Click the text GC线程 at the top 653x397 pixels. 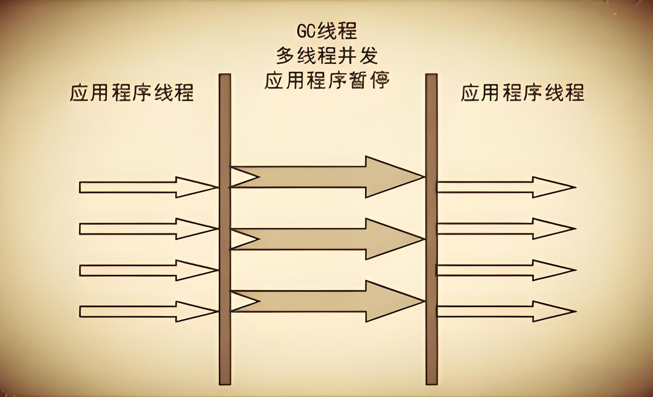pyautogui.click(x=327, y=31)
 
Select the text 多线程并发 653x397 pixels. pyautogui.click(x=327, y=56)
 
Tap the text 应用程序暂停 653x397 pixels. pyautogui.click(x=327, y=80)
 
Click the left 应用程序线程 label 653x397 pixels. pyautogui.click(x=132, y=93)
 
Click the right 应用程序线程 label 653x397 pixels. pyautogui.click(x=522, y=93)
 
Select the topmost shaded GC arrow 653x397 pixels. pyautogui.click(x=327, y=177)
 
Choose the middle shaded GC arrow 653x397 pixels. pyautogui.click(x=327, y=239)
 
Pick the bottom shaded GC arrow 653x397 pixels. pyautogui.click(x=327, y=301)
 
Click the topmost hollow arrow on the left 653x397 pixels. pyautogui.click(x=145, y=187)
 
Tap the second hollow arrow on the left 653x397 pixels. pyautogui.click(x=145, y=229)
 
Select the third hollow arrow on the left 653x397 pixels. pyautogui.click(x=145, y=270)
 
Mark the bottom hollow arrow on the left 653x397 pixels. pyautogui.click(x=145, y=312)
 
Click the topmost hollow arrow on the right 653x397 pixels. pyautogui.click(x=502, y=187)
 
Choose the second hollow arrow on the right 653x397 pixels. pyautogui.click(x=502, y=229)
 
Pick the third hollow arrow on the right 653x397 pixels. pyautogui.click(x=502, y=270)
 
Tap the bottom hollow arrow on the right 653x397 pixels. pyautogui.click(x=502, y=312)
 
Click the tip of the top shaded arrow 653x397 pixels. pyautogui.click(x=421, y=177)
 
